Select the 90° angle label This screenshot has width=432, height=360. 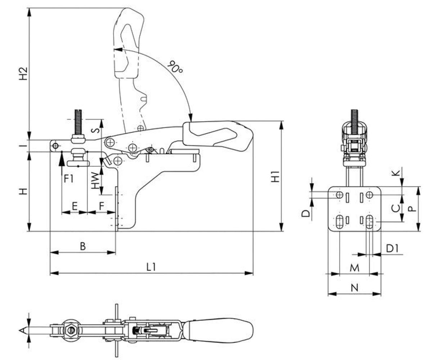pos(175,66)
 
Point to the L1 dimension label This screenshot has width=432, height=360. pos(151,267)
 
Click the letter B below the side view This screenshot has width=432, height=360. pos(82,246)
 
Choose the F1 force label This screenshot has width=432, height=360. pos(68,178)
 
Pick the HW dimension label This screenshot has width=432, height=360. pos(95,180)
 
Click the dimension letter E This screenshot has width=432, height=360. pos(75,206)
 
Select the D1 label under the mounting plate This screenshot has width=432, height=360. pos(392,248)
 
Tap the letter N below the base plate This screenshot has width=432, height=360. pos(355,288)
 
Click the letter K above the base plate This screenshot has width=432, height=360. pos(396,172)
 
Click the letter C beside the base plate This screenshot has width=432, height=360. pos(395,208)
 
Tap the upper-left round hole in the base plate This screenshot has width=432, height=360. pos(339,195)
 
